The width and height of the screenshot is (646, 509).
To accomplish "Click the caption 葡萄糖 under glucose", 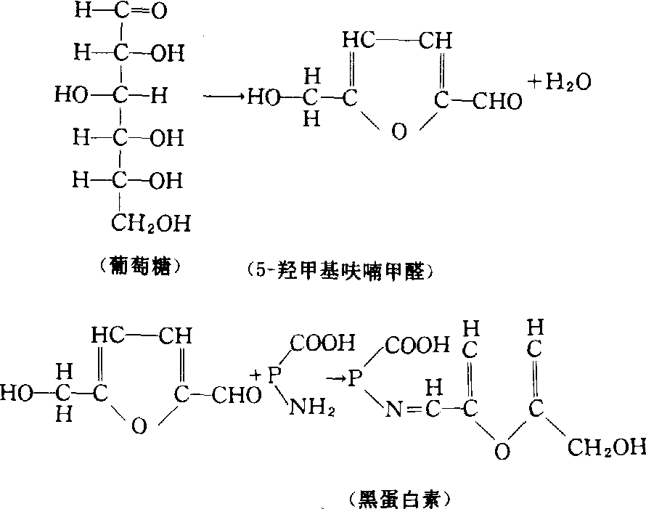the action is tap(139, 266).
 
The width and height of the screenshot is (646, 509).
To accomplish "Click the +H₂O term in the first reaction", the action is tap(560, 82).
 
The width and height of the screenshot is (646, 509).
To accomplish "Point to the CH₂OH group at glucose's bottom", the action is tap(151, 224).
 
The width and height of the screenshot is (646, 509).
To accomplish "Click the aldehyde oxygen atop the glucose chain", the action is tap(159, 11).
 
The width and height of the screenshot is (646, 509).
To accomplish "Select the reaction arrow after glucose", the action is tap(224, 97).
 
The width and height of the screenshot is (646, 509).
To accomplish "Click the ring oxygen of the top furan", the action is tap(398, 132).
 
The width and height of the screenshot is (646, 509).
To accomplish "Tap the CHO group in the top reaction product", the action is tap(497, 101).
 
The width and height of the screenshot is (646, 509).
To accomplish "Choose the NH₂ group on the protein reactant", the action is tap(312, 407).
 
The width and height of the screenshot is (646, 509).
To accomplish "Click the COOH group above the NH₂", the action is tap(322, 343).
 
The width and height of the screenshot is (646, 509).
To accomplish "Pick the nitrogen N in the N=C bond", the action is tap(394, 410).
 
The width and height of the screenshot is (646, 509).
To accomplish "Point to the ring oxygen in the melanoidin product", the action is tap(502, 452).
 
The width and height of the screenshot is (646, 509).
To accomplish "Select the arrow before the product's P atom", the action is tap(334, 378).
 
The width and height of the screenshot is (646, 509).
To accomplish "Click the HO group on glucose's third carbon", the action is tap(71, 96).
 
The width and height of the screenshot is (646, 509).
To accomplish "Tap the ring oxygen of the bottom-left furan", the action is tap(139, 425).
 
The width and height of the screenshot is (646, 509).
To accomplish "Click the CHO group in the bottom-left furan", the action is tap(237, 395).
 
